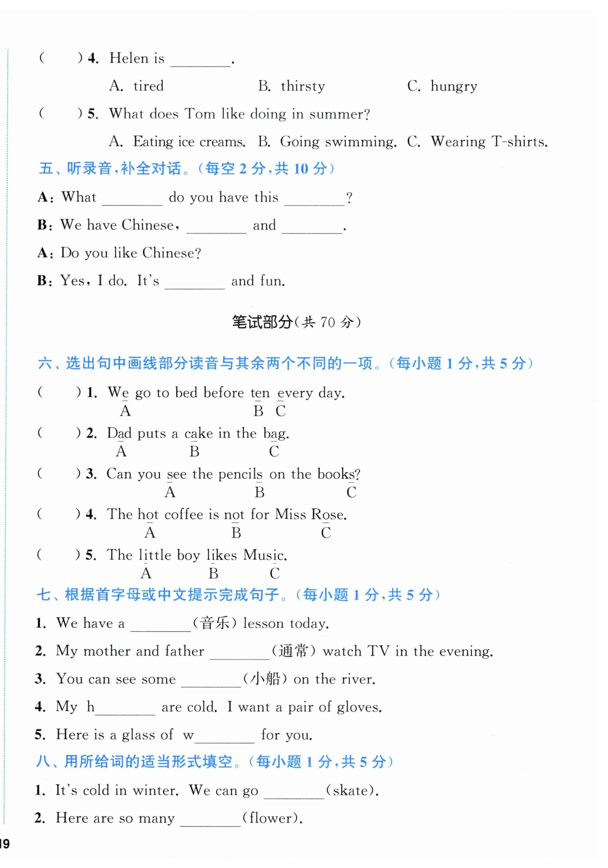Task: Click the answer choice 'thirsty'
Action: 302,86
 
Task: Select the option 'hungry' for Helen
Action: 454,86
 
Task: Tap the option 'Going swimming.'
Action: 338,142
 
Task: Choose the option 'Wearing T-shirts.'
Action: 489,142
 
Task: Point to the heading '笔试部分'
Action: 262,322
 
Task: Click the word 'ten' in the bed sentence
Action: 260,393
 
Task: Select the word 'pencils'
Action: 240,474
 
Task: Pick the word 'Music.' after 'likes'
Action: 265,555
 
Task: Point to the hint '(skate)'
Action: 351,791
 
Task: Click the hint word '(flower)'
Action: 272,818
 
